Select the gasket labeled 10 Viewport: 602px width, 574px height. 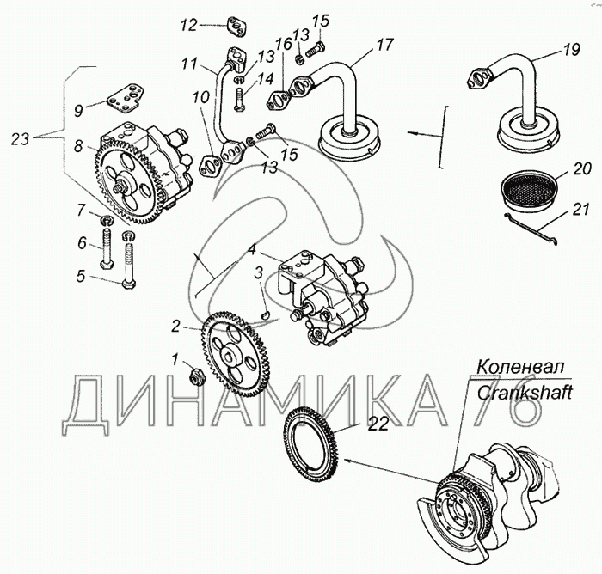click(x=209, y=165)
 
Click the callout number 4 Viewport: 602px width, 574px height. click(x=252, y=249)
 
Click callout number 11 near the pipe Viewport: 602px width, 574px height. click(x=189, y=63)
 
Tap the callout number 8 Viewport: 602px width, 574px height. click(x=78, y=147)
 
